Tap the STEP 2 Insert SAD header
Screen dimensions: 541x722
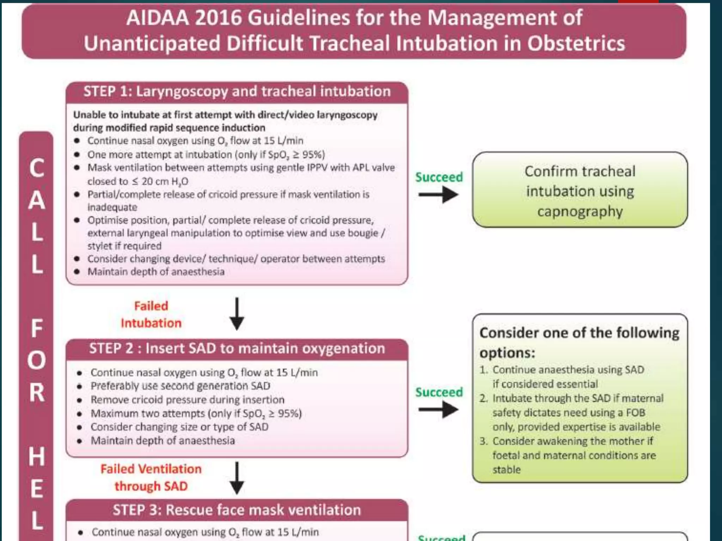[x=237, y=349]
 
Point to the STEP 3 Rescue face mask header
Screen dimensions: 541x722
[x=237, y=510]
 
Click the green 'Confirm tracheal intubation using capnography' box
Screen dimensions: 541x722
[x=580, y=191]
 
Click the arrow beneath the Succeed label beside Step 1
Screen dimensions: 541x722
[x=438, y=195]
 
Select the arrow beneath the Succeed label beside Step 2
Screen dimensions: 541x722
[x=438, y=410]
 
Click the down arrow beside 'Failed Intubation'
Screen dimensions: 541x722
[x=237, y=313]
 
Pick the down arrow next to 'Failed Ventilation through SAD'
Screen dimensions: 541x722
[x=237, y=478]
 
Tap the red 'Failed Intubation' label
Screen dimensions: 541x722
[x=151, y=315]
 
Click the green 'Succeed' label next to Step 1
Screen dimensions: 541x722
[x=439, y=177]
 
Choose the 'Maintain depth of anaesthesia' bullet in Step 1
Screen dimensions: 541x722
[x=156, y=272]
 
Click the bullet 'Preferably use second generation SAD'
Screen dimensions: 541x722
[x=180, y=386]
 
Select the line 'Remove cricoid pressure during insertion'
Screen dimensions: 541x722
[x=187, y=400]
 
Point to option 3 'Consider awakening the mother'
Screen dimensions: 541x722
[x=573, y=441]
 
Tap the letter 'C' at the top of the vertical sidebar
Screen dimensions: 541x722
[x=37, y=168]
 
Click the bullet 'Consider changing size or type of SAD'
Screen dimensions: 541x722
[x=179, y=427]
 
